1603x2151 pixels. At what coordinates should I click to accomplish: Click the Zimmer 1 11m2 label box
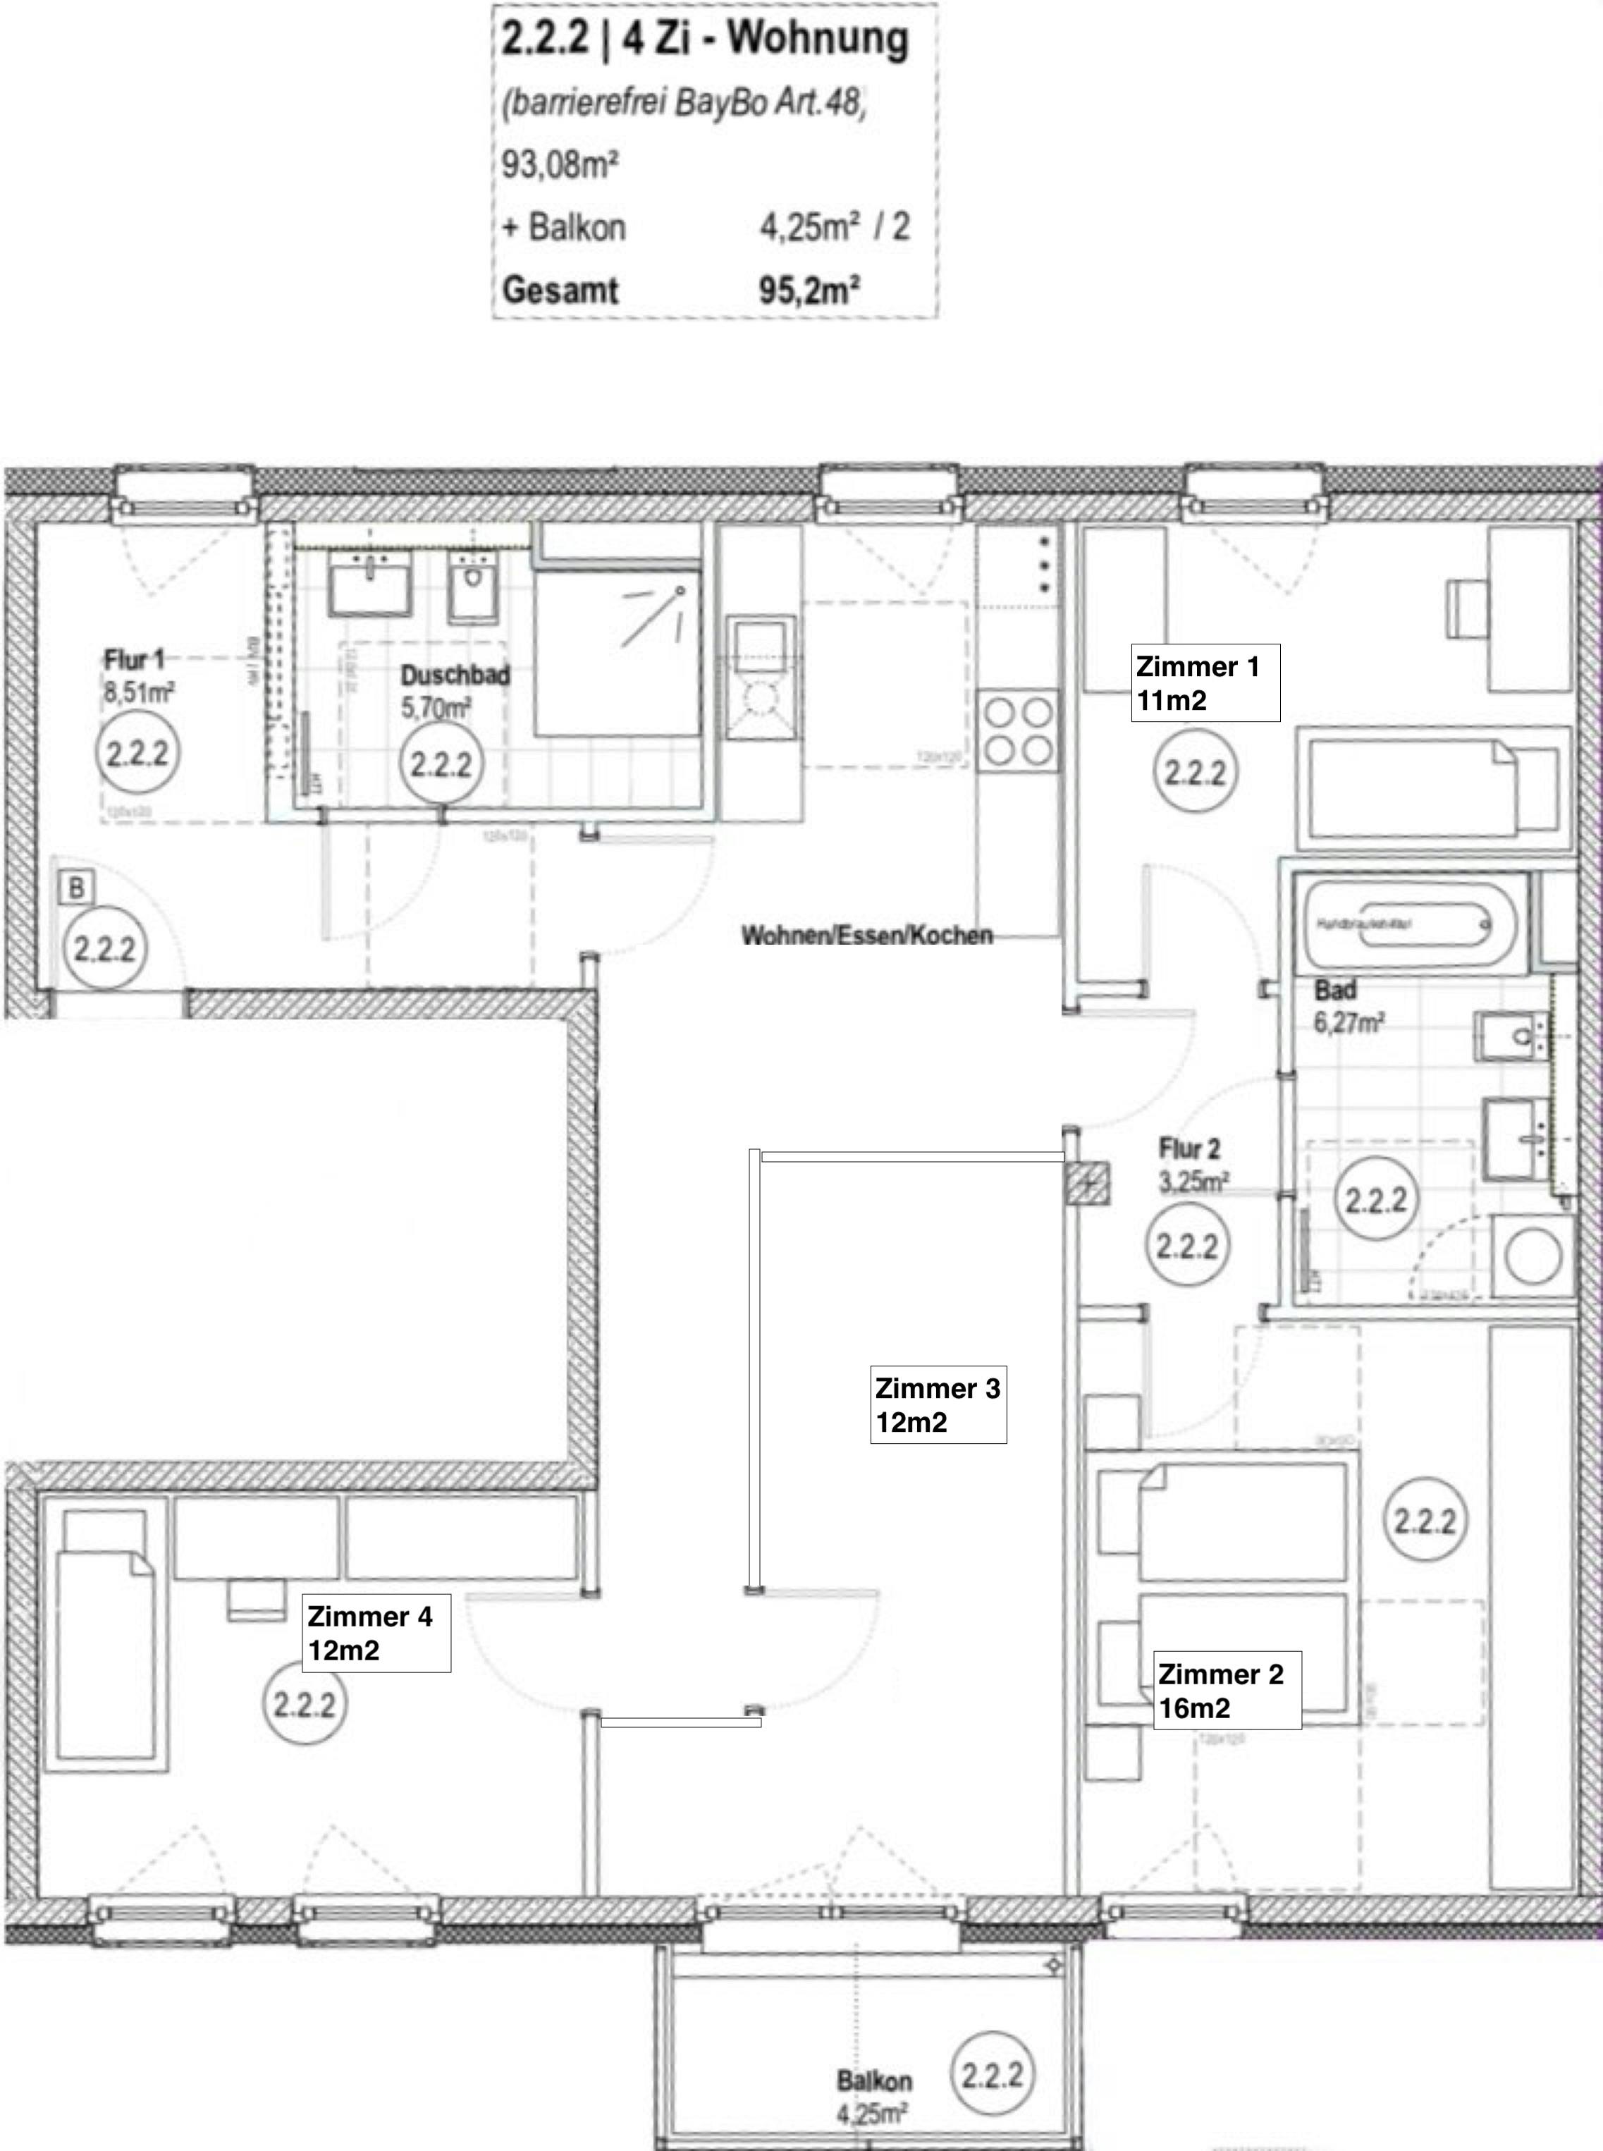1204,683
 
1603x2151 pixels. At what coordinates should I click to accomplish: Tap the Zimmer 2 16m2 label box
1227,1690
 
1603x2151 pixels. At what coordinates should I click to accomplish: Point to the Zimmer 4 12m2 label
376,1633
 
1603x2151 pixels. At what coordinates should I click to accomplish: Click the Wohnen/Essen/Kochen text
866,936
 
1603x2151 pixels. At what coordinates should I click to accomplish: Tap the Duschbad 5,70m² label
454,691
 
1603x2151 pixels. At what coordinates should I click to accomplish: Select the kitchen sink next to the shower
760,679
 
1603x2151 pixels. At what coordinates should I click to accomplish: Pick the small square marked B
75,887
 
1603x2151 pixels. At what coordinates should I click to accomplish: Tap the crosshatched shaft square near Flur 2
1088,1183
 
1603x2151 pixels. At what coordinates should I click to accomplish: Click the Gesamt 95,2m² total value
809,290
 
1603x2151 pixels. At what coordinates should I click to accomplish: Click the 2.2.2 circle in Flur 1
137,753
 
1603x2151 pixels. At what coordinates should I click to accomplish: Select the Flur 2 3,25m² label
1193,1164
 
